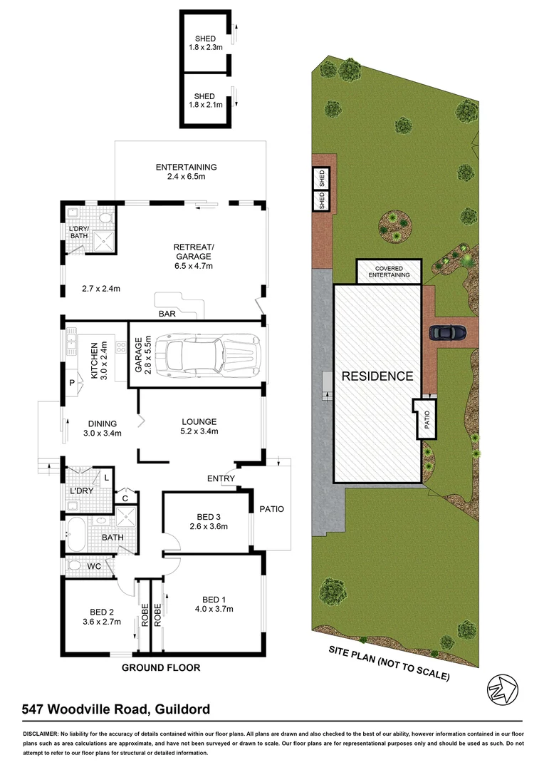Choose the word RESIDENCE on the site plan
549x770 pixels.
click(377, 376)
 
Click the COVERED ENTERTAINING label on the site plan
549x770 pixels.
click(388, 271)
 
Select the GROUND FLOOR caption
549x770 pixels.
click(160, 668)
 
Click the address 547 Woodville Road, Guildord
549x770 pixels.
click(116, 709)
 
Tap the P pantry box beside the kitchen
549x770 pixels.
click(72, 383)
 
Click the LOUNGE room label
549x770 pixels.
click(199, 421)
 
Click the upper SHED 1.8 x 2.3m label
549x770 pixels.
click(205, 43)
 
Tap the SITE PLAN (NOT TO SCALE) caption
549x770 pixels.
click(389, 662)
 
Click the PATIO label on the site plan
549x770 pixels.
click(426, 419)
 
